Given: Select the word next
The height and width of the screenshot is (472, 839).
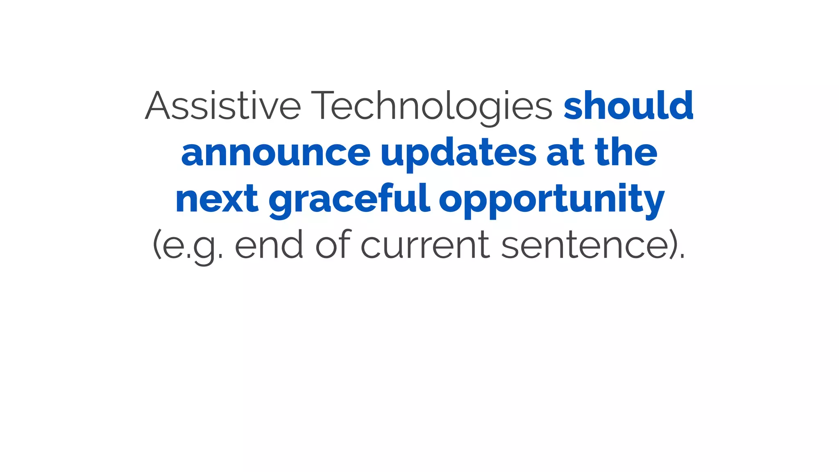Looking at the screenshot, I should tap(217, 199).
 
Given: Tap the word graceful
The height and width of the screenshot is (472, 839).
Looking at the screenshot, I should tap(349, 199).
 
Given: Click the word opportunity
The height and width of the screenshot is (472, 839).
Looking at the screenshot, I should tap(551, 199).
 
